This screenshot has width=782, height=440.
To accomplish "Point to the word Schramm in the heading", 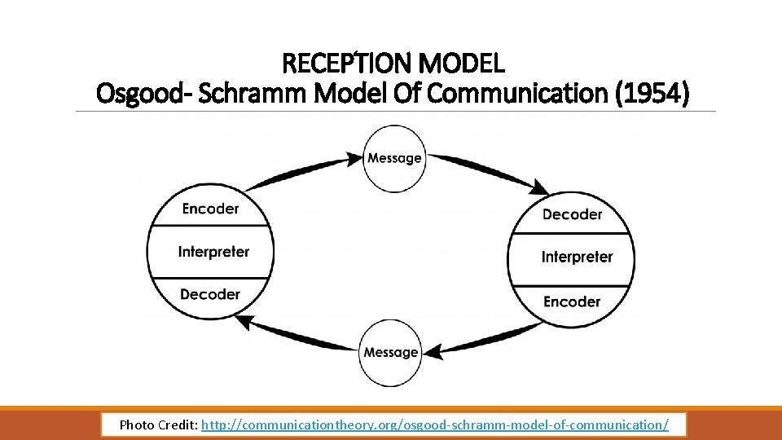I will [255, 94].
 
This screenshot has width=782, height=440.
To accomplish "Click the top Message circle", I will [394, 158].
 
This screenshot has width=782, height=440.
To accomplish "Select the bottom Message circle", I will [391, 352].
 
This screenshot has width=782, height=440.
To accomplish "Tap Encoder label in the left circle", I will [210, 209].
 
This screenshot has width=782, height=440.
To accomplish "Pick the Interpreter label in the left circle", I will [213, 252].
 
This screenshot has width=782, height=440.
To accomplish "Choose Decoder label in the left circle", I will [210, 294].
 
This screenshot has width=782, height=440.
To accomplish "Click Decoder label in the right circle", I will [572, 214].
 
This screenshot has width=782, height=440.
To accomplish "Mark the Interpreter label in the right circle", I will [577, 257].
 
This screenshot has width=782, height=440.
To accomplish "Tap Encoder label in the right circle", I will [572, 301].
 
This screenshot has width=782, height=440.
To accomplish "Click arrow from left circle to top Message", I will [301, 169].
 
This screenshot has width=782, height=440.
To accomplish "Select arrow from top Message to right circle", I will [489, 171].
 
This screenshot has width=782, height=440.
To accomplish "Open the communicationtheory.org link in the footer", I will [435, 425].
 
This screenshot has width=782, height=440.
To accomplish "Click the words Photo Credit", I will [157, 425].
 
